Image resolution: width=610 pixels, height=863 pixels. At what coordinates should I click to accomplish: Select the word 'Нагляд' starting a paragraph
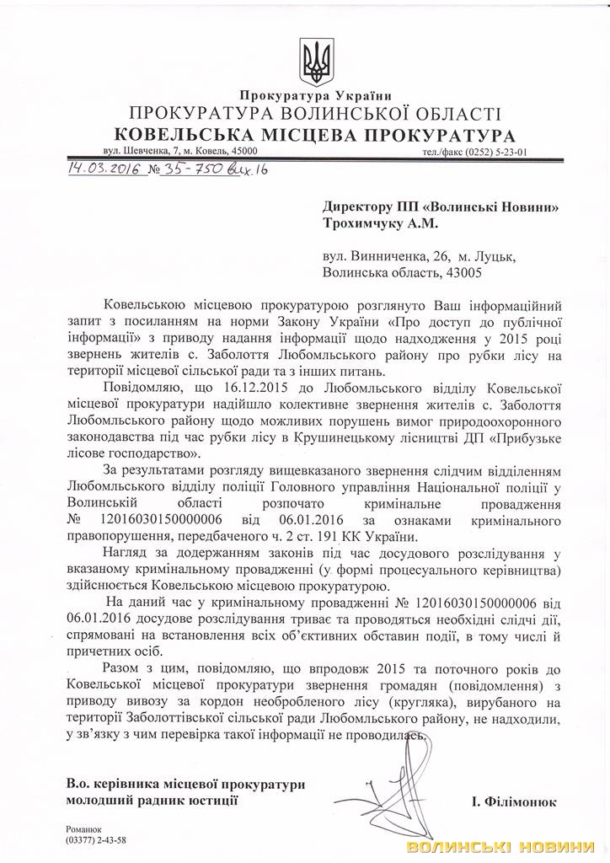133,552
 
